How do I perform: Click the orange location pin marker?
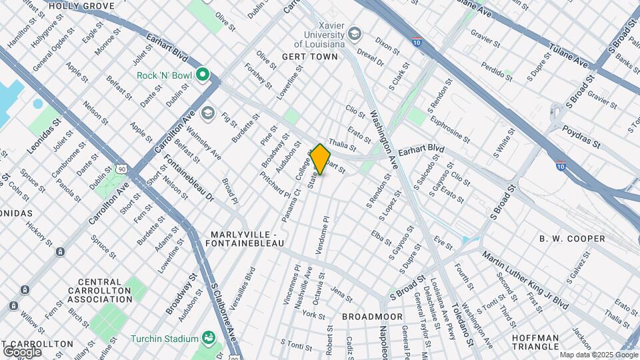point(321,159)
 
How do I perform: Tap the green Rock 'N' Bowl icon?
point(202,75)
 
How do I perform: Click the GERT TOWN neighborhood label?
point(310,57)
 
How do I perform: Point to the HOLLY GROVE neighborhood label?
point(82,6)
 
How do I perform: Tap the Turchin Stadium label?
point(163,338)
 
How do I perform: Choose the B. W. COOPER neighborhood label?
point(572,239)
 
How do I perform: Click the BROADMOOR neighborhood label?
point(372,316)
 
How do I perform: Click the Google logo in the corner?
point(21,352)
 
